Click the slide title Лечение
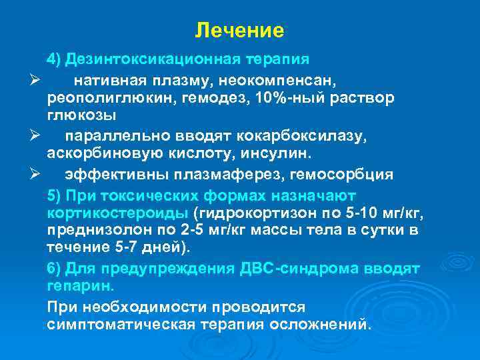240,31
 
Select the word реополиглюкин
97,98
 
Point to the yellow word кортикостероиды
118,213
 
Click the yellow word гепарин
81,286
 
